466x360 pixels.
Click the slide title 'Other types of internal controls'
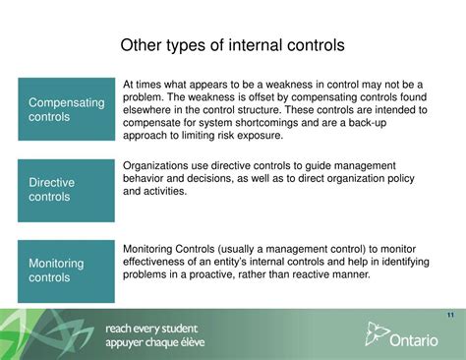(232, 45)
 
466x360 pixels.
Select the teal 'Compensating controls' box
(65, 108)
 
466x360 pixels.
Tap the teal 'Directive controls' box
(65, 190)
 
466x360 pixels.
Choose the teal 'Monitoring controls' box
(65, 270)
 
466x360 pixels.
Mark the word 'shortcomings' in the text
(292, 124)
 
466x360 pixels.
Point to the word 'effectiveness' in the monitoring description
(158, 262)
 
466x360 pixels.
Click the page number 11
(449, 315)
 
